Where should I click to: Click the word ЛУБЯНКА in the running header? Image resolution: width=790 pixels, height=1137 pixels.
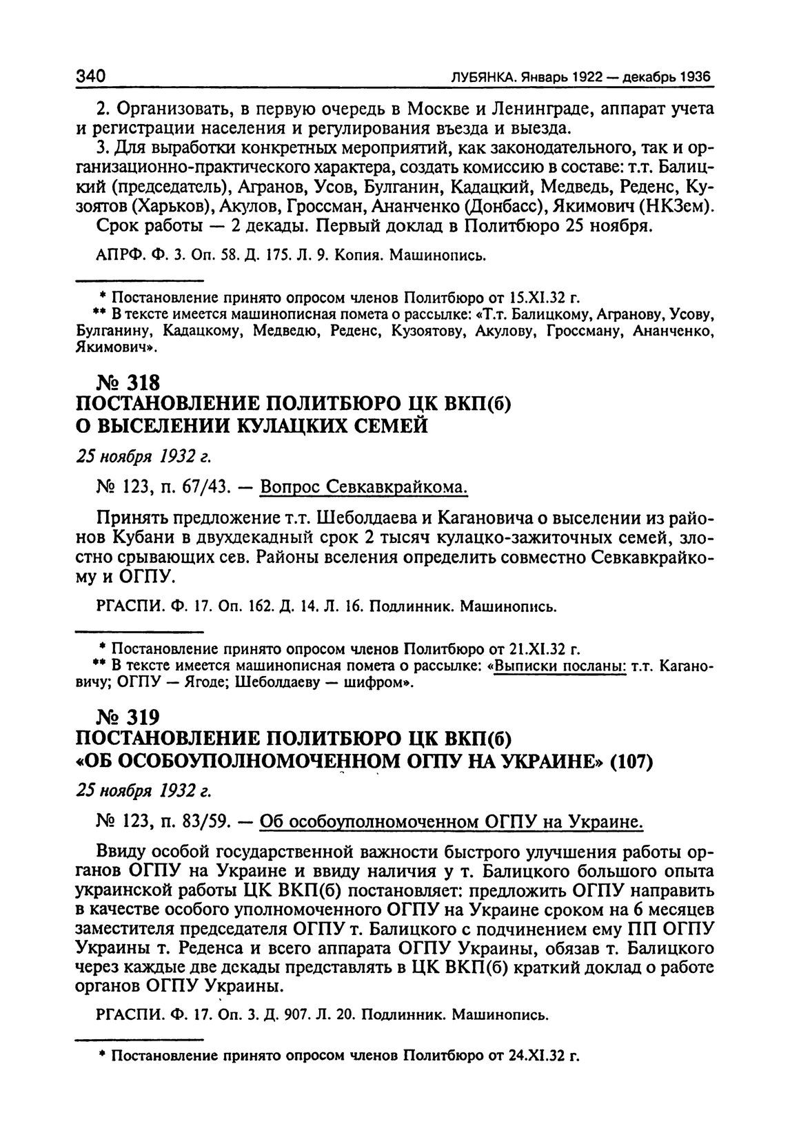(x=482, y=77)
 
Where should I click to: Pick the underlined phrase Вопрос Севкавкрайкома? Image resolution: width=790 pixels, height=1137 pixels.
(x=364, y=488)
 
